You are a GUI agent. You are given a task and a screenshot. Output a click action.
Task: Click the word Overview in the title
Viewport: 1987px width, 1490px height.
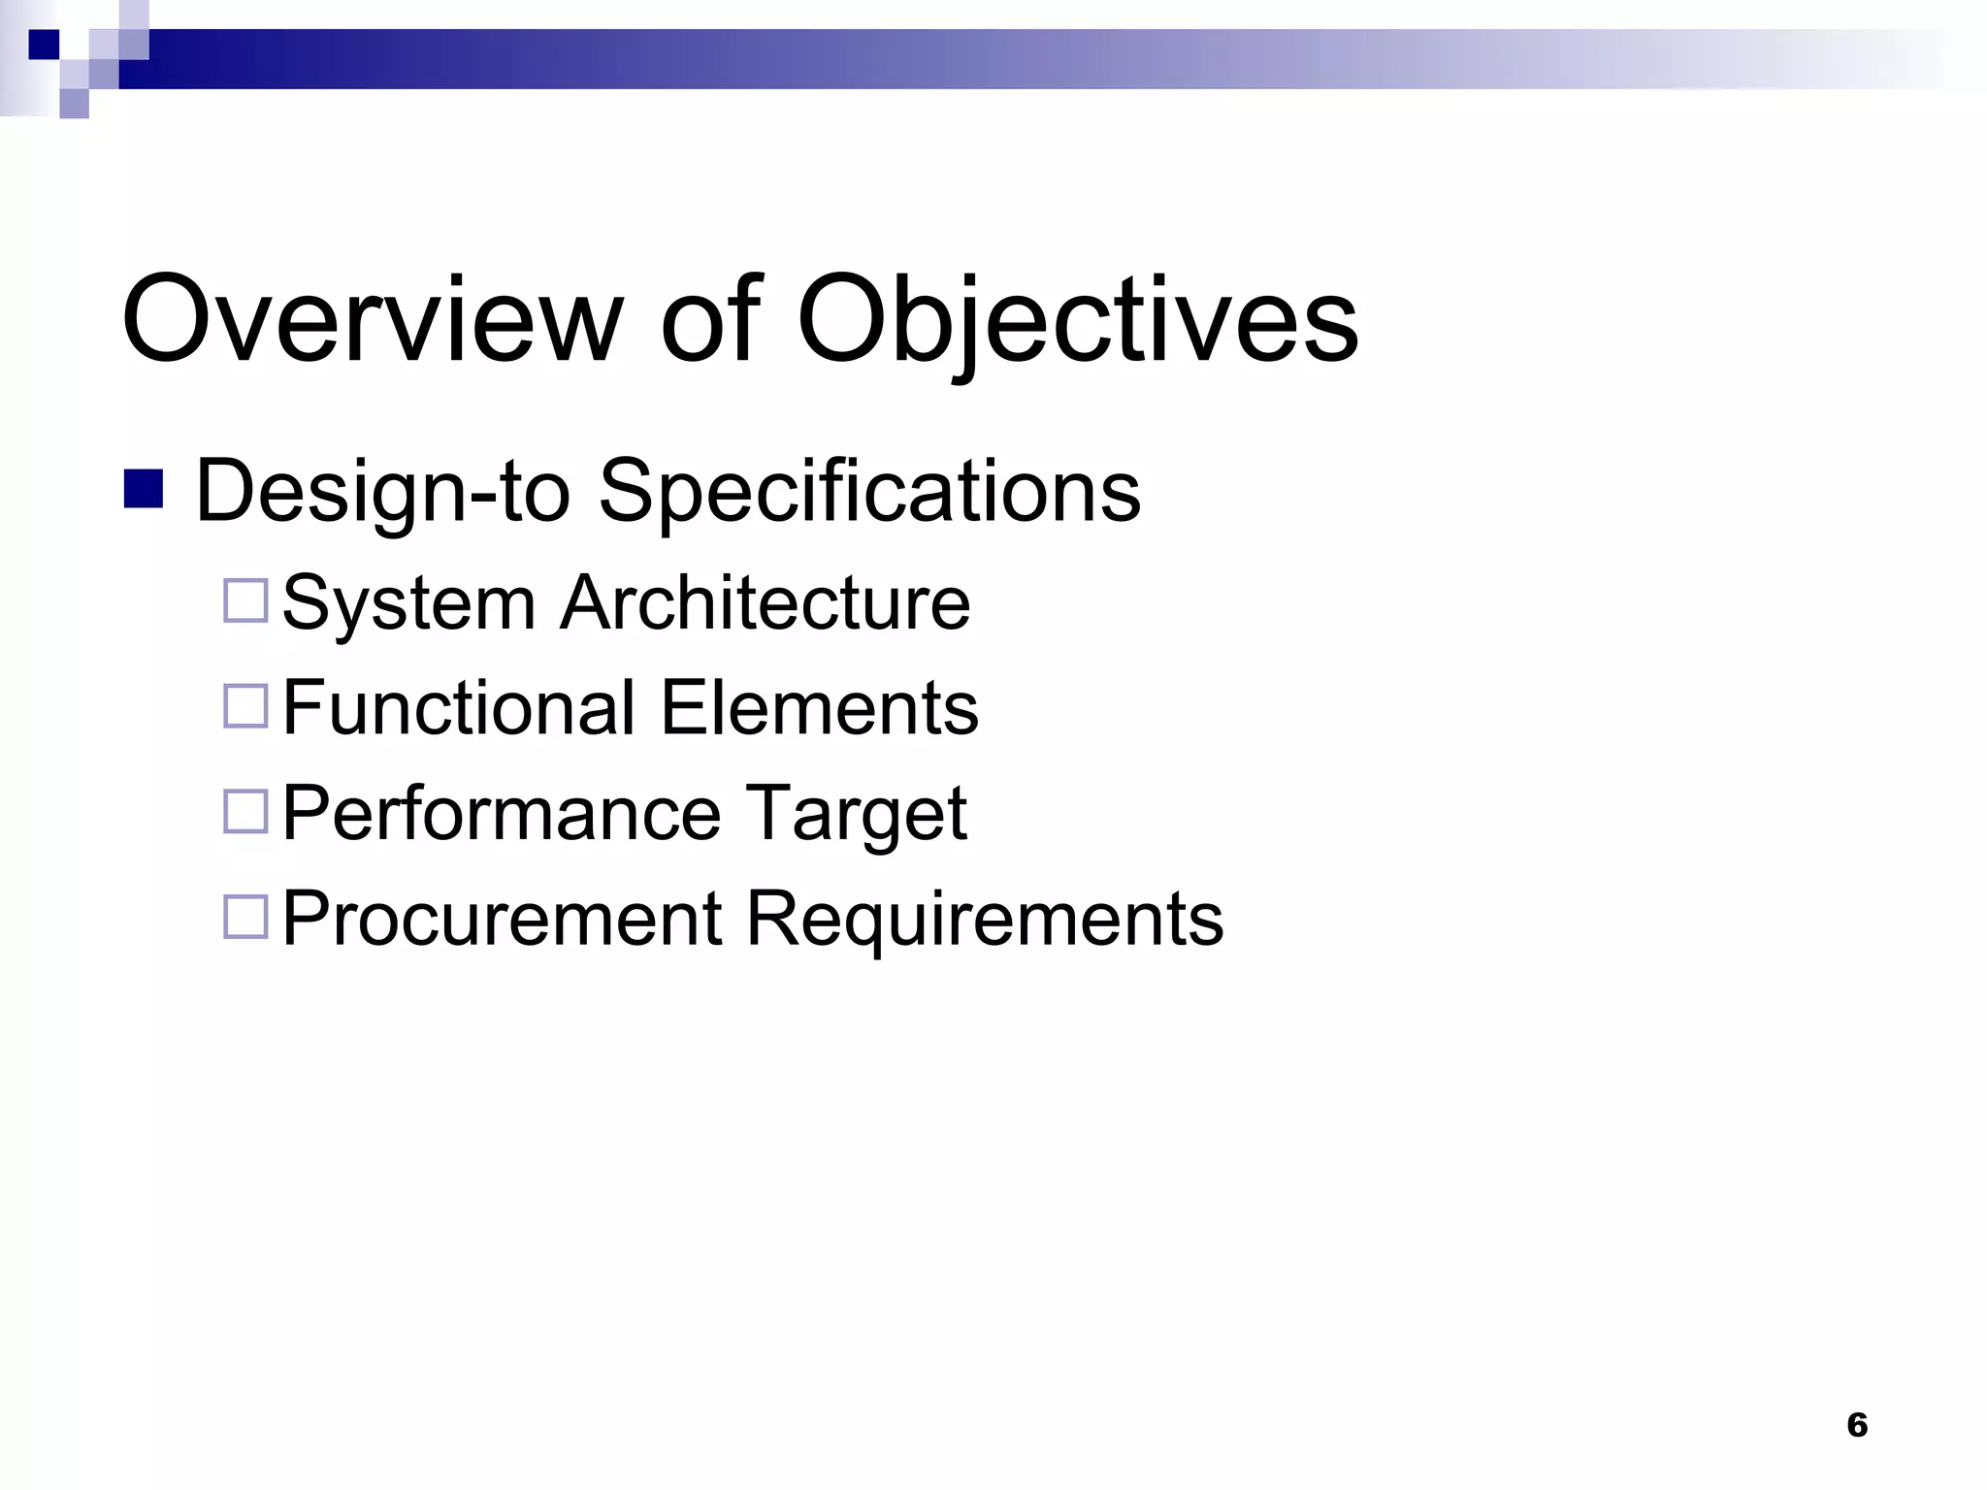point(372,319)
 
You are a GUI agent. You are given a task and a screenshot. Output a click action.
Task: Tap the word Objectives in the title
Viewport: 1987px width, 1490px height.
point(1077,319)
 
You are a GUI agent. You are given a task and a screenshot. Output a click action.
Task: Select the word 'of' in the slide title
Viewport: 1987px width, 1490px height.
point(710,319)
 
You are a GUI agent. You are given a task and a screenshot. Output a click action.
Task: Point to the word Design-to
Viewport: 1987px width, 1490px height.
point(382,491)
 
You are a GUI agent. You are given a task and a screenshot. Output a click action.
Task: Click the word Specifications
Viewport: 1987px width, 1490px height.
point(869,491)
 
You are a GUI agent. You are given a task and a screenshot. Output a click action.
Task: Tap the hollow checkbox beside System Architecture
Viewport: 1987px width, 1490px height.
point(245,601)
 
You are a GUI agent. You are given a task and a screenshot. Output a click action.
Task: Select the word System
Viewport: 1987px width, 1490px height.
point(408,603)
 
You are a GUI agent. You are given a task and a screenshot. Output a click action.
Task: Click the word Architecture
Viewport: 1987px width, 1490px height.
point(765,603)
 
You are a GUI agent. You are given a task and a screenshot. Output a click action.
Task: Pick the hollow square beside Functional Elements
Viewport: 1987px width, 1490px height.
point(245,706)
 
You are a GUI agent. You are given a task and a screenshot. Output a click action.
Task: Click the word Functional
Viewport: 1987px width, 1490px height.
point(459,708)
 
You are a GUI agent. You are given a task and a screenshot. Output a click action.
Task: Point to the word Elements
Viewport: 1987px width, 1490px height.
point(820,708)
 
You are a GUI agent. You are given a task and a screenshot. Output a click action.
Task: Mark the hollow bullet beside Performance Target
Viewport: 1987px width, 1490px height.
point(245,811)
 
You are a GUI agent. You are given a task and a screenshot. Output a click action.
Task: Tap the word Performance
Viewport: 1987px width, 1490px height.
point(502,813)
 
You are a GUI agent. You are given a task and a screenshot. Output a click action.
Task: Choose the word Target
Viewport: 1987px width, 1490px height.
point(856,813)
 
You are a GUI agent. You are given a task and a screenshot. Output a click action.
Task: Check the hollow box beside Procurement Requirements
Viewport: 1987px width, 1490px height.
point(245,916)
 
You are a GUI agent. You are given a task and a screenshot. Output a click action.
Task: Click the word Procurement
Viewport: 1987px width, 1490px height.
point(502,918)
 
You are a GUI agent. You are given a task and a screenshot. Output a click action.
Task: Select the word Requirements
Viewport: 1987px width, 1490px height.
point(984,918)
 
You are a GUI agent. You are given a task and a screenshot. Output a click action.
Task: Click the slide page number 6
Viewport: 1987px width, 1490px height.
point(1857,1425)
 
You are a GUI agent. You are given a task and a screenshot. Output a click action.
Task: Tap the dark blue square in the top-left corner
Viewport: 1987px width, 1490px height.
point(44,45)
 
